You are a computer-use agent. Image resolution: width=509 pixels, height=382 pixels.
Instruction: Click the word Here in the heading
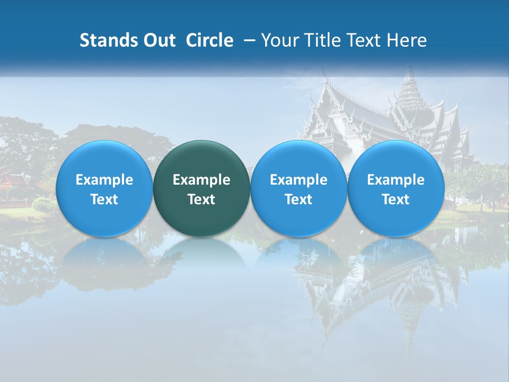408,40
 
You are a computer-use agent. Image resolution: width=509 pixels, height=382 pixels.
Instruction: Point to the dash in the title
248,40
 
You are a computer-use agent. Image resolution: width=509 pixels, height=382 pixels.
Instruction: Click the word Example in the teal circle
201,180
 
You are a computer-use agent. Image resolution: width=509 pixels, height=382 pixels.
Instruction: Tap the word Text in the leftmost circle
104,199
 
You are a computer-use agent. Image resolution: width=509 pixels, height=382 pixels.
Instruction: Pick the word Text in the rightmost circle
396,199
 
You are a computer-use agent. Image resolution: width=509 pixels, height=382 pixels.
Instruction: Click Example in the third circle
299,180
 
